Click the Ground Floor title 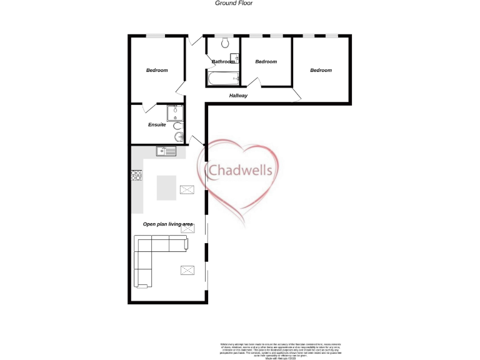(x=234, y=3)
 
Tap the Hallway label (x=238, y=96)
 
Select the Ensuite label (x=157, y=125)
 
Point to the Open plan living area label (x=168, y=224)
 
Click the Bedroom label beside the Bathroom (x=266, y=61)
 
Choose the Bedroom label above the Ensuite (x=157, y=70)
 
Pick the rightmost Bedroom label (x=321, y=70)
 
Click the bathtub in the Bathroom (x=222, y=79)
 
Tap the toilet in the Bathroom (x=226, y=43)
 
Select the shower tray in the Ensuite (x=175, y=112)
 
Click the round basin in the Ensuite (x=179, y=137)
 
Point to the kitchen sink (x=166, y=151)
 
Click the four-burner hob (x=136, y=176)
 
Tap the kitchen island (x=167, y=187)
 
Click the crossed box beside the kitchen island (x=187, y=189)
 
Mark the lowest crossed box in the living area (x=187, y=270)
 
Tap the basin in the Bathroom (x=233, y=60)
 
